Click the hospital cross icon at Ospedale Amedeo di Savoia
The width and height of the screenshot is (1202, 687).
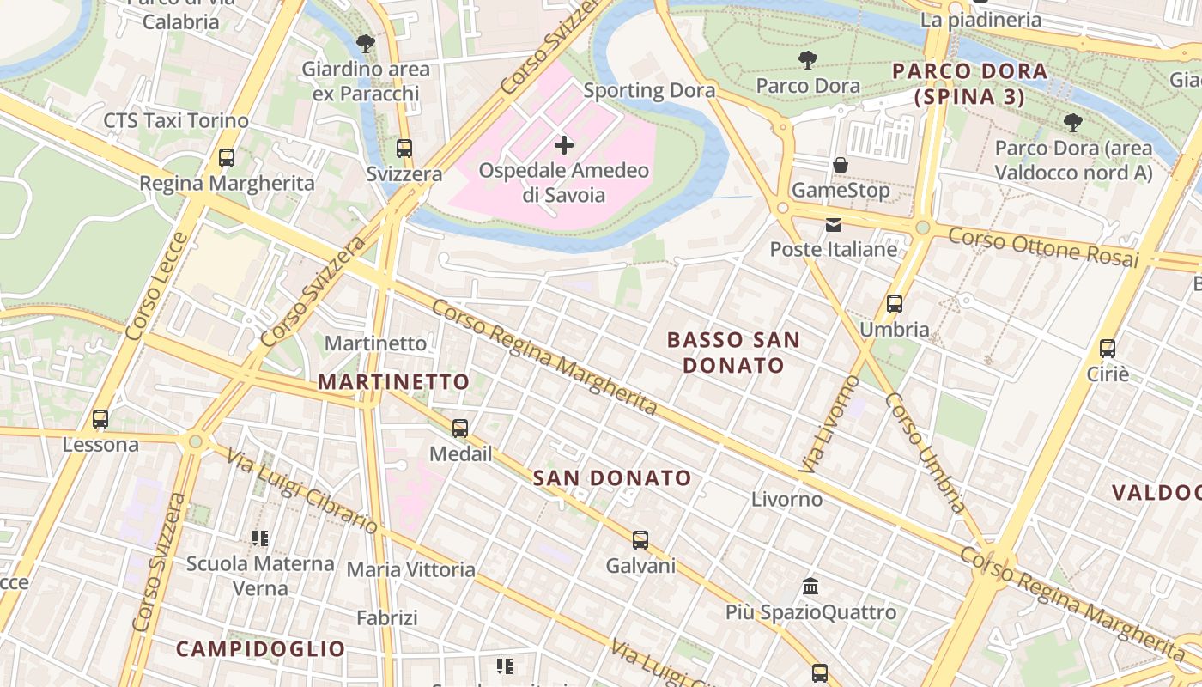(x=564, y=145)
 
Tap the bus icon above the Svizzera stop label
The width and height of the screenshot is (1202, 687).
(x=404, y=149)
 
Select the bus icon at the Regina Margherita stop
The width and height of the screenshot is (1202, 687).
(x=227, y=158)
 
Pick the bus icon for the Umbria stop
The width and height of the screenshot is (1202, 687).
(x=895, y=304)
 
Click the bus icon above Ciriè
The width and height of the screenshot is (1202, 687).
(x=1108, y=349)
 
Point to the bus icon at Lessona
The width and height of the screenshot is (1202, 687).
(x=100, y=419)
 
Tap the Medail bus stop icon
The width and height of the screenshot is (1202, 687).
(x=460, y=428)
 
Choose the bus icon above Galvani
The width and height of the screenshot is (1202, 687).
(x=640, y=540)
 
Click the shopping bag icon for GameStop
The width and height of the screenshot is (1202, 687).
(x=841, y=165)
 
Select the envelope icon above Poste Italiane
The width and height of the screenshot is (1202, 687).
(x=833, y=225)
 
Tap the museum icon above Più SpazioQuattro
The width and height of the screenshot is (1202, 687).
(x=810, y=587)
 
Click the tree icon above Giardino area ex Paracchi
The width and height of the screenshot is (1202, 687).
(x=366, y=43)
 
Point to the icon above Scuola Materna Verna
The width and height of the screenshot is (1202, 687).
(x=260, y=538)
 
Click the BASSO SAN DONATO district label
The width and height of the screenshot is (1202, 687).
(x=733, y=352)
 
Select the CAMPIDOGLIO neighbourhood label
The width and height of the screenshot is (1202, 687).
(x=261, y=648)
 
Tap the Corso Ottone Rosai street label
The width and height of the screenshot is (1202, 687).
(x=1043, y=247)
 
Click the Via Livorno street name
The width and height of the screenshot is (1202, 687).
(x=829, y=423)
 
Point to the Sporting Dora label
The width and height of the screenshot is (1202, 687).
(x=649, y=90)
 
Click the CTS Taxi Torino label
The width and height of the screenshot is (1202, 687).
(x=176, y=120)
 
